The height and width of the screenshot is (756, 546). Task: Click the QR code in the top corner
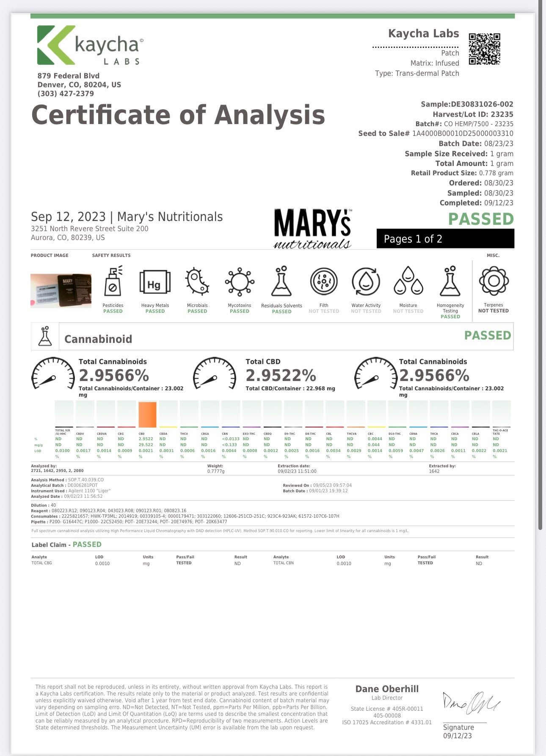click(484, 49)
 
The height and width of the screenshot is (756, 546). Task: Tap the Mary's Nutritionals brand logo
click(313, 229)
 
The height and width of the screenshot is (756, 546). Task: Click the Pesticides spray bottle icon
click(113, 281)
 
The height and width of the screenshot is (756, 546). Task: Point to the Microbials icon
click(197, 281)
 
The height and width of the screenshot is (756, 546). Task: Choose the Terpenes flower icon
click(494, 281)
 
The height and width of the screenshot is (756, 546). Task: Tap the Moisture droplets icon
click(408, 281)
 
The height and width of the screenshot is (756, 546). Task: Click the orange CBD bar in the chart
click(147, 414)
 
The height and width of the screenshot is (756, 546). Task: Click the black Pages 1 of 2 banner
click(445, 239)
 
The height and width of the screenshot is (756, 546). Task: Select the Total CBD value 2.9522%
click(281, 375)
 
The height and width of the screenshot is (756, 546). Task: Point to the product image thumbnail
click(61, 290)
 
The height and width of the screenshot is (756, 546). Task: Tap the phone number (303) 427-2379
click(66, 94)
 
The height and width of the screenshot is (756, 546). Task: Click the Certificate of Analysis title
click(178, 115)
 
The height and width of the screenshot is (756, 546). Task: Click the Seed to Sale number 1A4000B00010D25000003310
click(463, 133)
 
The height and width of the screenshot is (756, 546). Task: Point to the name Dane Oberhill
click(387, 689)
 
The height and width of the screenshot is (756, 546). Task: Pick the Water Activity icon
click(366, 281)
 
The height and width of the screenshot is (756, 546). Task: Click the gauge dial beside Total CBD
click(215, 373)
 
